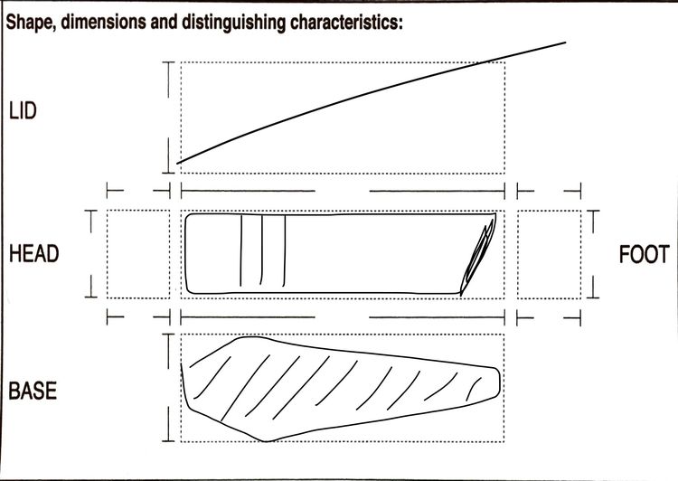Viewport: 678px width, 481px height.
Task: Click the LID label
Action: (23, 110)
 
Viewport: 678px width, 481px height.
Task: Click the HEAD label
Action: (34, 253)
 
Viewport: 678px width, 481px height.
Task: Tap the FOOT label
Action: (645, 254)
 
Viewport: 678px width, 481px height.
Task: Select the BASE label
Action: (33, 391)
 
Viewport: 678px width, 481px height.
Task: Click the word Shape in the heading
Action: (31, 22)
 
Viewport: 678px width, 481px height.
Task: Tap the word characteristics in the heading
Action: (346, 22)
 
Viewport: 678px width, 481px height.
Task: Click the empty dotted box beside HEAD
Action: (138, 254)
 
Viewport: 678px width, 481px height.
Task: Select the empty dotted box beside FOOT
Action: (549, 254)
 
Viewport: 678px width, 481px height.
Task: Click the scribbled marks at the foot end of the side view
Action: (478, 258)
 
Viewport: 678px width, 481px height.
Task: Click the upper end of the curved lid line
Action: (566, 42)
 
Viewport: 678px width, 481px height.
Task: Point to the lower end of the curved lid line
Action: (177, 163)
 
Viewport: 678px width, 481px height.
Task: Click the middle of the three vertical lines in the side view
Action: (261, 250)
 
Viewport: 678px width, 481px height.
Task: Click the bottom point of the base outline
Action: (266, 441)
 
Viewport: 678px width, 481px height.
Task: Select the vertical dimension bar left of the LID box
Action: (168, 118)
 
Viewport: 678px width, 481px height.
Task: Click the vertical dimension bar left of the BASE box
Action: (168, 388)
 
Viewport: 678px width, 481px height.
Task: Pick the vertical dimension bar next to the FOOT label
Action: (593, 254)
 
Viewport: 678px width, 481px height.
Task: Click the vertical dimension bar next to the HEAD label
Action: (90, 254)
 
